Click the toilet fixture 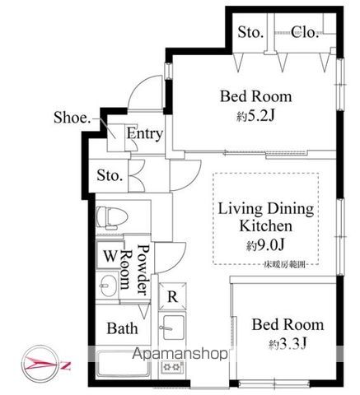pyautogui.click(x=111, y=220)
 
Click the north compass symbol pyautogui.click(x=36, y=362)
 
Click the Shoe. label pyautogui.click(x=72, y=116)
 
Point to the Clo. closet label pyautogui.click(x=306, y=32)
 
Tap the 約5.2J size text pyautogui.click(x=255, y=116)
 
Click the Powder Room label pyautogui.click(x=135, y=269)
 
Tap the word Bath pyautogui.click(x=122, y=328)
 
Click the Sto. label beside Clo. pyautogui.click(x=250, y=32)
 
